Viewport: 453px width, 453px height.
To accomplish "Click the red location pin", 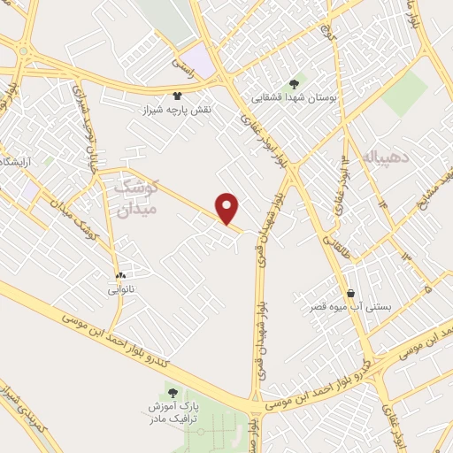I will click(x=228, y=209).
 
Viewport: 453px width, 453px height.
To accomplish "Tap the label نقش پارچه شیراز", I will click(x=177, y=110).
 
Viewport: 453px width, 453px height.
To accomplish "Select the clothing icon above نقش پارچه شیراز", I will click(x=177, y=95).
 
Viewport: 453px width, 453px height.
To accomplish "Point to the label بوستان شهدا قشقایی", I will click(x=293, y=99).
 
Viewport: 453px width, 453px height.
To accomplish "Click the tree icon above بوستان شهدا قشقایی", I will click(x=294, y=84).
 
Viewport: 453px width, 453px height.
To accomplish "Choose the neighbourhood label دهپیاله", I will click(x=382, y=157).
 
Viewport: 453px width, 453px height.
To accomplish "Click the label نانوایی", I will click(x=121, y=289).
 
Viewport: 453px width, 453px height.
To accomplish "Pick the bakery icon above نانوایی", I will click(x=121, y=275).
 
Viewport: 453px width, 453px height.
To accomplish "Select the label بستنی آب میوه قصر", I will click(x=350, y=307).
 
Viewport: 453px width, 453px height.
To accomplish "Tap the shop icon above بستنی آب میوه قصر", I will click(x=350, y=293).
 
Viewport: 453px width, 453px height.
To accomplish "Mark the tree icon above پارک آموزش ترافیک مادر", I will click(x=173, y=393).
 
